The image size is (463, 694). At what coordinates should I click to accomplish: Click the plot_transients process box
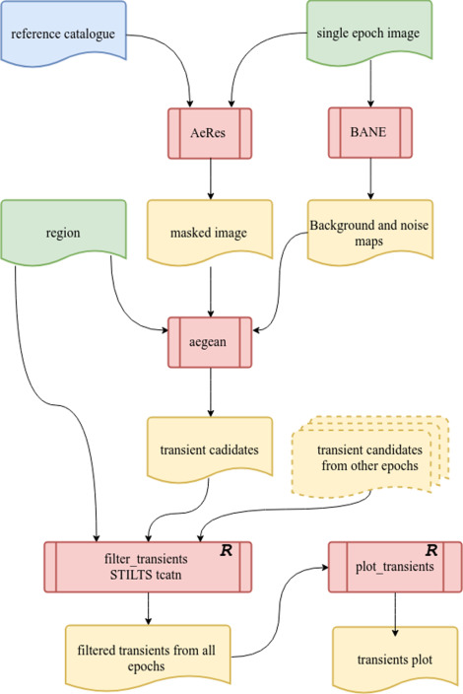[x=394, y=564]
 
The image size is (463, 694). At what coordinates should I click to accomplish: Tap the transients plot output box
[x=394, y=660]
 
